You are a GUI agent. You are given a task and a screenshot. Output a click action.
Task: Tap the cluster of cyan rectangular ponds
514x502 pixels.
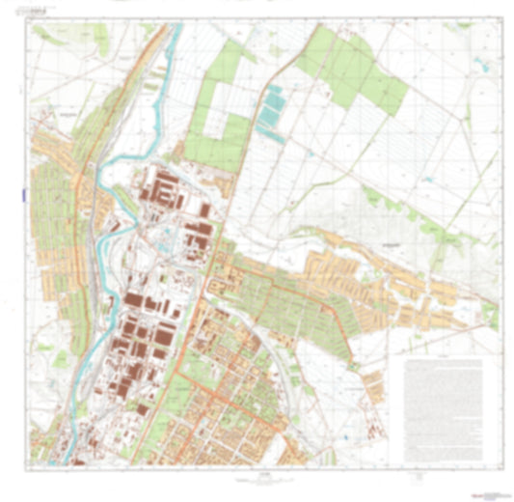pyautogui.click(x=273, y=108)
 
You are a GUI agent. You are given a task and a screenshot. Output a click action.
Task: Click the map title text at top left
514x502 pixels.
pyautogui.click(x=44, y=13)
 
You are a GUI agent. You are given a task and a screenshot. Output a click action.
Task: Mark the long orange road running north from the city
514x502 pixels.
pyautogui.click(x=246, y=116)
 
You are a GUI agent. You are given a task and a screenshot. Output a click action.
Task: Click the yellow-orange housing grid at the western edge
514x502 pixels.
pyautogui.click(x=53, y=203)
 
